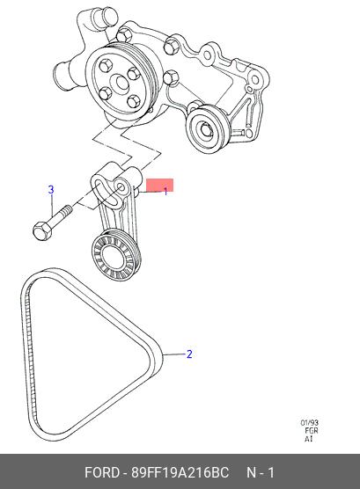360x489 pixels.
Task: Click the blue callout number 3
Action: pos(51,190)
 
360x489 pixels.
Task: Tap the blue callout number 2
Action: pos(189,354)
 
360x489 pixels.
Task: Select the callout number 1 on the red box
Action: pos(165,191)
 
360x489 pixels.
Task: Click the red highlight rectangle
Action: pos(159,186)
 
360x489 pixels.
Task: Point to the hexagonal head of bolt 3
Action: pos(42,231)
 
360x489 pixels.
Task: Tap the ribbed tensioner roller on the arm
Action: pos(116,254)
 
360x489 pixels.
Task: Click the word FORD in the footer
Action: pos(102,472)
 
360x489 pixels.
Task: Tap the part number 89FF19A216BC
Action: pos(180,472)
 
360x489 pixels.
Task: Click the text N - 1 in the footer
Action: pos(261,472)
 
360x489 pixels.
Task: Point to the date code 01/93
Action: pos(310,423)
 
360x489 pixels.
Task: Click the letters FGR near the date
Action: pos(312,431)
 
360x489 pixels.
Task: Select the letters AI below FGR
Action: pos(308,439)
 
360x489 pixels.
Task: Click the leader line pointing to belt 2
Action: pos(173,354)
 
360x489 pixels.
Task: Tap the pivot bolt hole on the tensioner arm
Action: pos(121,186)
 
